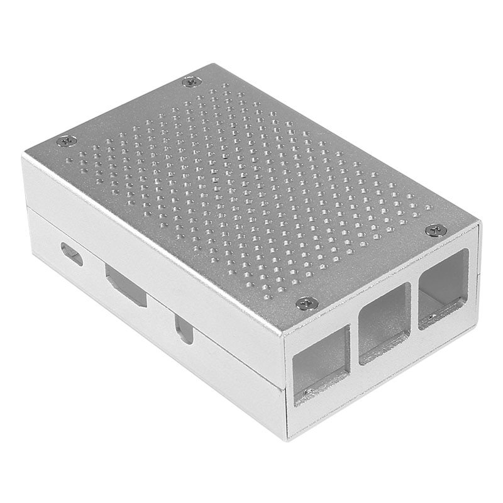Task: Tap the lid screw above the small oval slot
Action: click(67, 141)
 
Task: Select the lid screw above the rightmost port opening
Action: click(436, 230)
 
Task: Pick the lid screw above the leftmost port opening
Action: click(307, 303)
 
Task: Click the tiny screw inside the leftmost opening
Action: click(306, 394)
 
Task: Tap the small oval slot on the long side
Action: click(72, 254)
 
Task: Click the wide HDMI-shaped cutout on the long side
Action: click(126, 285)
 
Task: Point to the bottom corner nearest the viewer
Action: click(288, 436)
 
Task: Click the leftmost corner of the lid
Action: click(23, 155)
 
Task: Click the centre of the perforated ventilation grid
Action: click(251, 189)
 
